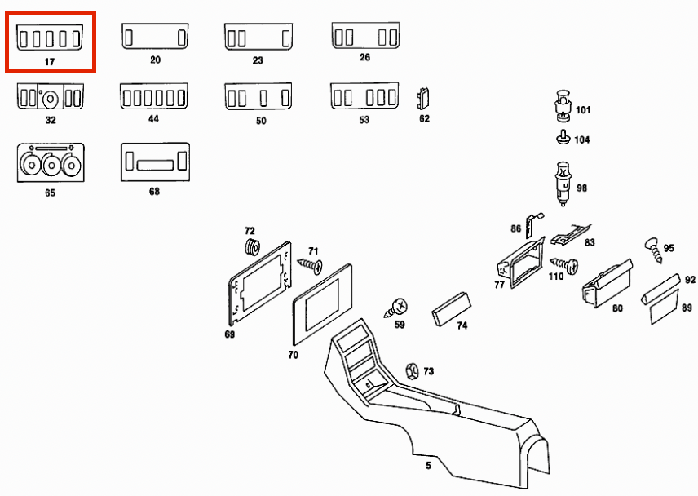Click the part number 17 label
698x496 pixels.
click(x=51, y=61)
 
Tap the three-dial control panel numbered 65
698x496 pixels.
click(x=51, y=162)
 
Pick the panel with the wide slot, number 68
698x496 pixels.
click(x=154, y=162)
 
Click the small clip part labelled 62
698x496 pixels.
click(x=423, y=98)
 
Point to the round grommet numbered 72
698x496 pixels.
click(x=250, y=246)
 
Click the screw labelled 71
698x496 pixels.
click(x=310, y=264)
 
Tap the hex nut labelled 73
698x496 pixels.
click(x=413, y=370)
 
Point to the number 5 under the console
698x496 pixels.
click(x=428, y=466)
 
